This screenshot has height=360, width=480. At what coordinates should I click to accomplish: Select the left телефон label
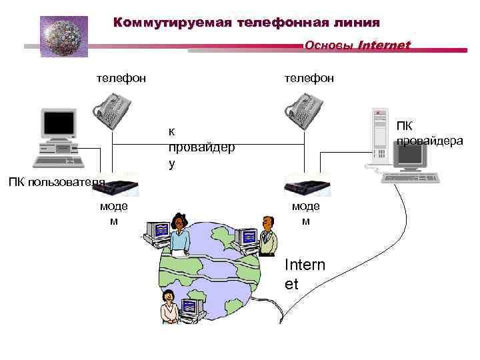[x=121, y=79]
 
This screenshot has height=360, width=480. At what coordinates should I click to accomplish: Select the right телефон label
[x=309, y=79]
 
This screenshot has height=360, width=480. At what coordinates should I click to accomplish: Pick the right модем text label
[x=305, y=213]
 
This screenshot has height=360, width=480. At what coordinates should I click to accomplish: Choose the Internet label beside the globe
[x=305, y=274]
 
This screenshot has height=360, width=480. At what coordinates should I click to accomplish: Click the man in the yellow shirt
[x=268, y=236]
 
